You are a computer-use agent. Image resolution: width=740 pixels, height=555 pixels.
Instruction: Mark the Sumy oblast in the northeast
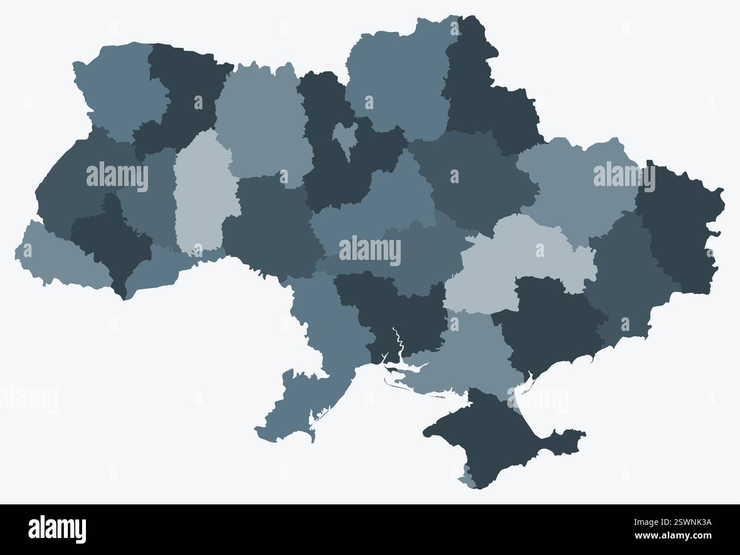click(x=490, y=102)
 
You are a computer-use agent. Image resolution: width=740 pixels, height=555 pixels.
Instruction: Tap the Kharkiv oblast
click(x=569, y=182)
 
